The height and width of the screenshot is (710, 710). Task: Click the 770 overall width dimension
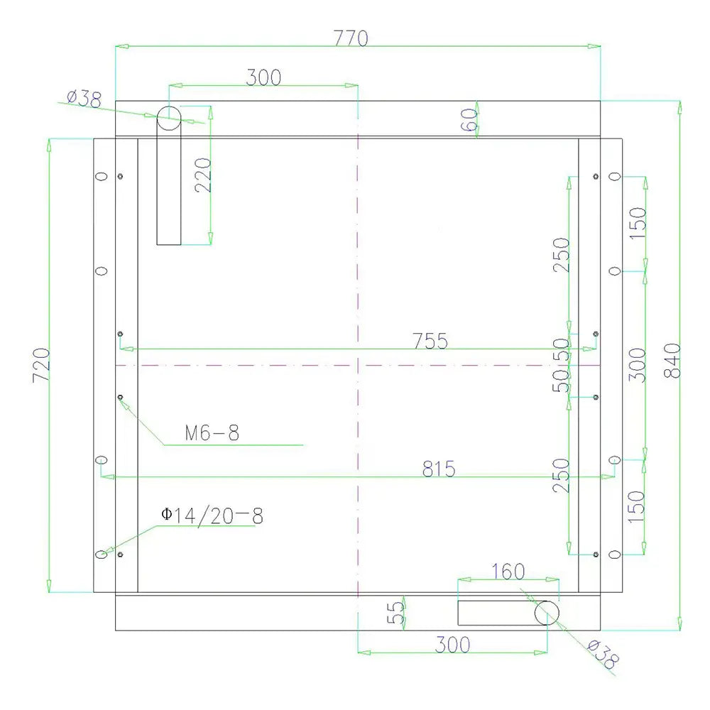[351, 38]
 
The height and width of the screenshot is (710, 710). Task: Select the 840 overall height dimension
[672, 361]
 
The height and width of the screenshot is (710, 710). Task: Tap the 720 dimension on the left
[41, 365]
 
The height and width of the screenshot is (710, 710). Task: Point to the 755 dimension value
[430, 341]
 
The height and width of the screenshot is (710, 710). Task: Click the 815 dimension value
[439, 469]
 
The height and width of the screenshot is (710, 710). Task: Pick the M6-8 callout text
[212, 433]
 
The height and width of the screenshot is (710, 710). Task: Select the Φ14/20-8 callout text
[212, 515]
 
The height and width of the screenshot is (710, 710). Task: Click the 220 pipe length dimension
[203, 175]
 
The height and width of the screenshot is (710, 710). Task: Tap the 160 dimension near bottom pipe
[508, 572]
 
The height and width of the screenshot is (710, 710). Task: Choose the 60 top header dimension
[469, 120]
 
